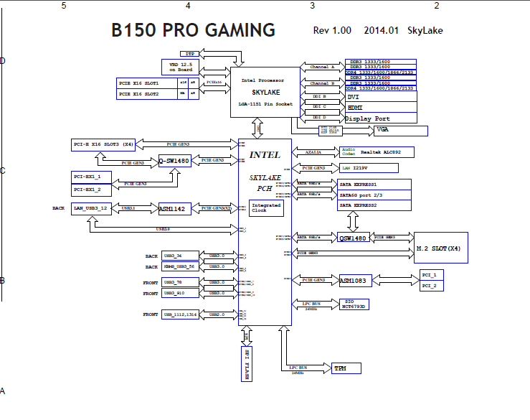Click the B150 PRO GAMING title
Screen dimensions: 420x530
[x=194, y=31]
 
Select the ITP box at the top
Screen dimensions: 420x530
[x=189, y=54]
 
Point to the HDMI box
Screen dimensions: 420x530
[x=380, y=108]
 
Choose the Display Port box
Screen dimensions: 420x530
[x=380, y=118]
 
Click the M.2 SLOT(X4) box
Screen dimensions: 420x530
[x=440, y=248]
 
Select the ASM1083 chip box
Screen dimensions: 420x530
[x=354, y=280]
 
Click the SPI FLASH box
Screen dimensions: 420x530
[x=247, y=362]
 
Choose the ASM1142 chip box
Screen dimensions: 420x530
[x=174, y=208]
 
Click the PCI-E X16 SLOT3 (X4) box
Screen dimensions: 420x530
[x=105, y=144]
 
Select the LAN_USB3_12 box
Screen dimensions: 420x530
[x=91, y=208]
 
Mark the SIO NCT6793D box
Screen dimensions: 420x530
[x=353, y=304]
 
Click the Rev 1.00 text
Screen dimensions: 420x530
[x=332, y=31]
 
